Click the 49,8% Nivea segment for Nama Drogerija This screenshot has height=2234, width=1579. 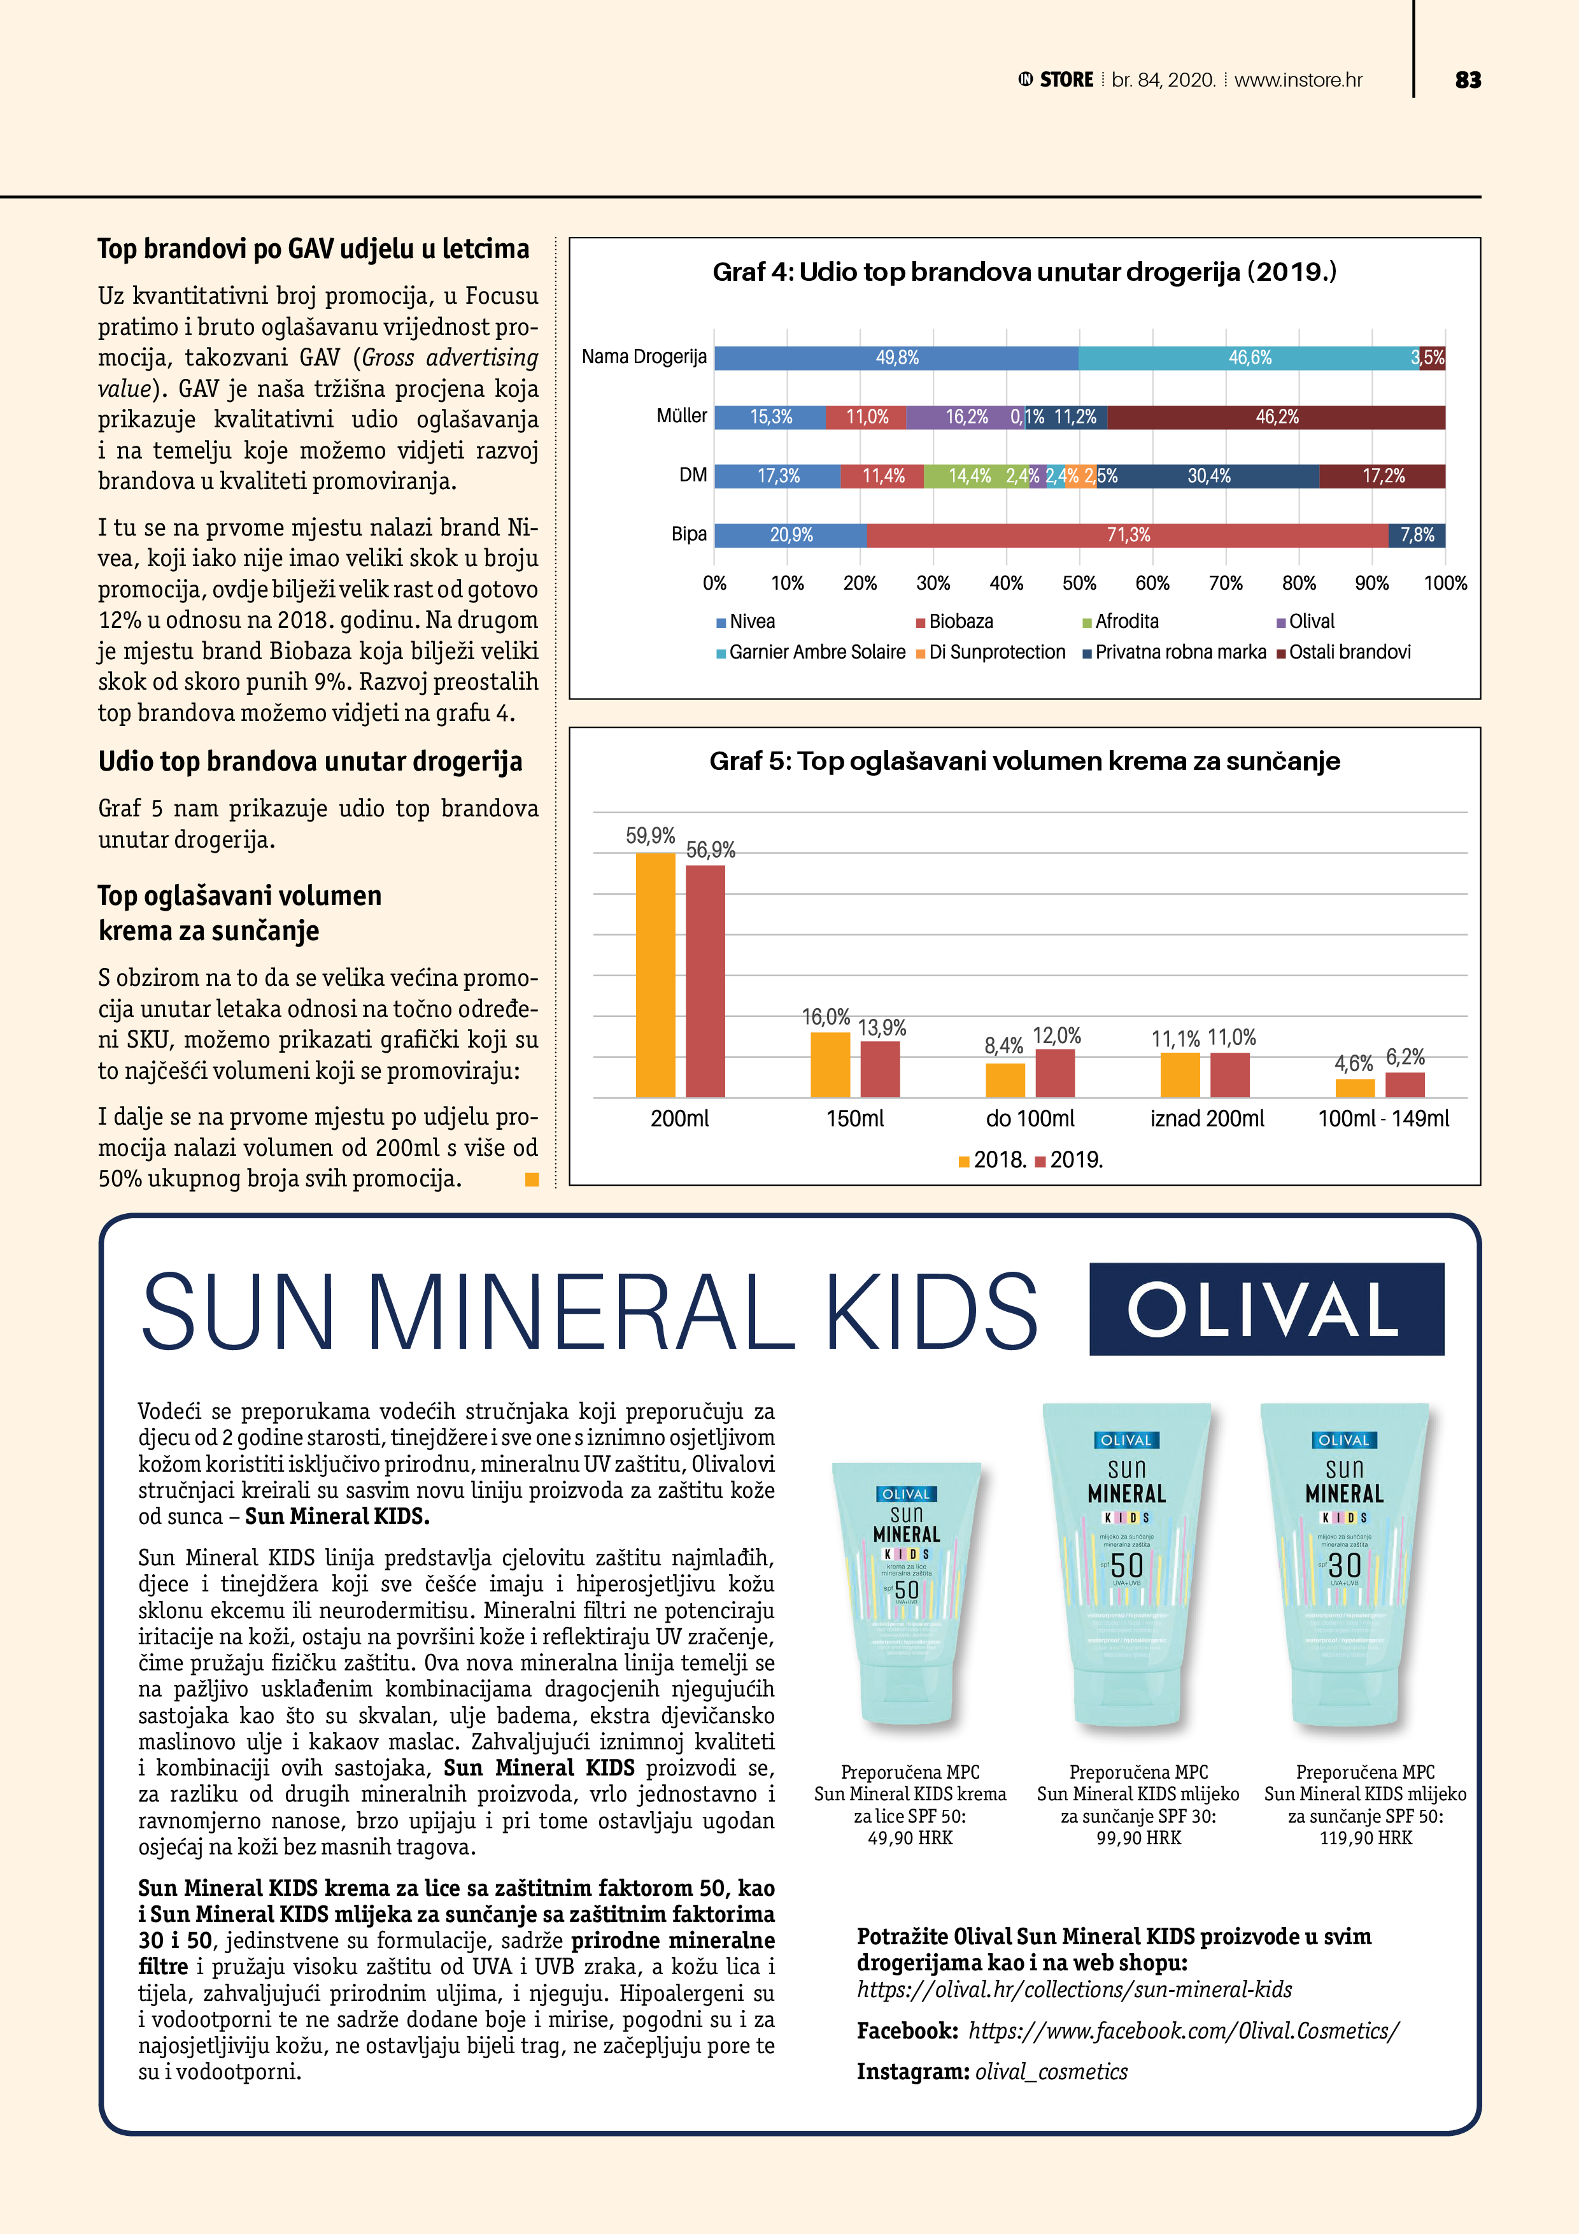pyautogui.click(x=896, y=358)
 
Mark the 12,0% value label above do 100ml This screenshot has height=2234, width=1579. pyautogui.click(x=1056, y=1036)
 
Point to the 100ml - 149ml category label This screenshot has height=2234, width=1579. pyautogui.click(x=1382, y=1119)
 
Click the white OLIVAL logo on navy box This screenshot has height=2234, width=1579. pyautogui.click(x=1266, y=1310)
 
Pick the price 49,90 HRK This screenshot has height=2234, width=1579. pyautogui.click(x=910, y=1838)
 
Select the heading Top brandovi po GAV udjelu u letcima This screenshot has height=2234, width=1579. pyautogui.click(x=313, y=249)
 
